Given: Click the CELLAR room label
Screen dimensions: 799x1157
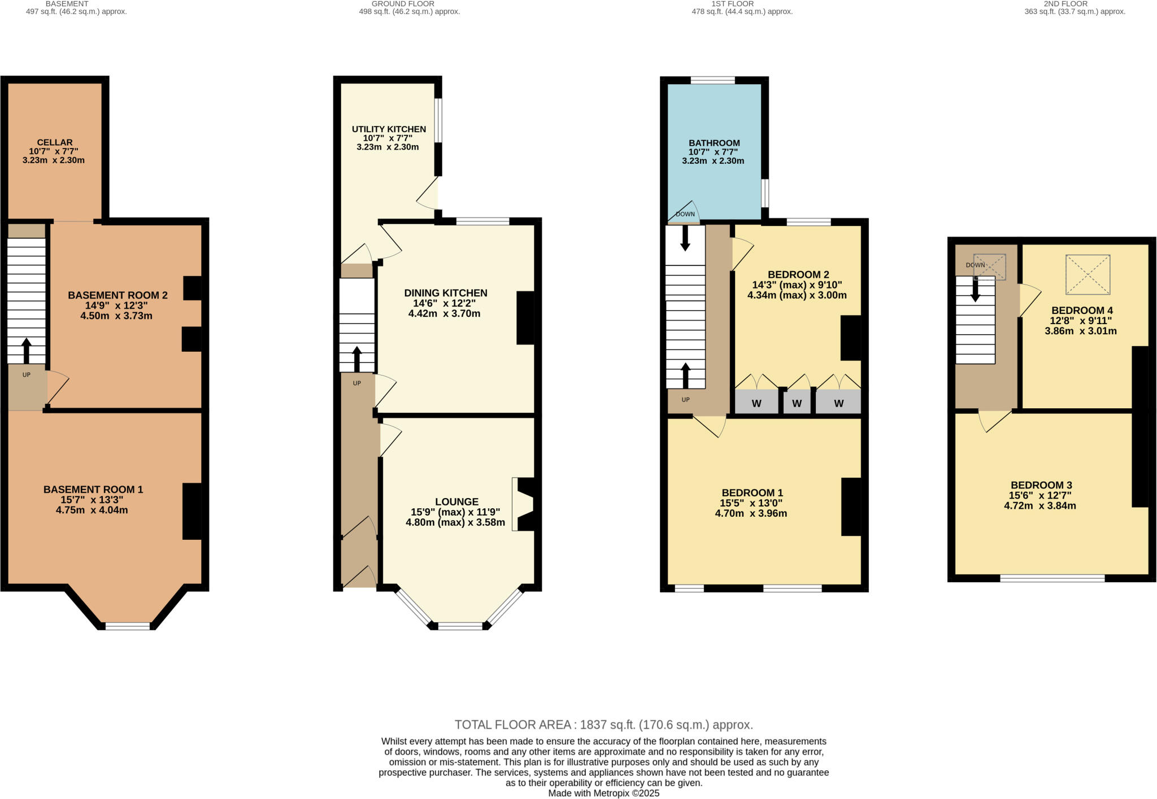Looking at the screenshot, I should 55,142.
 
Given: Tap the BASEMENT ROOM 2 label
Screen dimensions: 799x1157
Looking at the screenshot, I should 118,295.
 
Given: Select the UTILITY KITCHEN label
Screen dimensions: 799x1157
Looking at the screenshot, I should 389,129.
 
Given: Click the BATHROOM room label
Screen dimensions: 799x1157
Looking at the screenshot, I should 714,143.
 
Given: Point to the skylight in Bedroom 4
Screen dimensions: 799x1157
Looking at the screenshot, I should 1088,274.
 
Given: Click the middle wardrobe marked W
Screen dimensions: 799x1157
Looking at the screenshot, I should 797,403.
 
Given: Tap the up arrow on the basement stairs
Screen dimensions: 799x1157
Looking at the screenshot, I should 26,351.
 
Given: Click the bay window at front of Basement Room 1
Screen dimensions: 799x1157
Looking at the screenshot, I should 128,626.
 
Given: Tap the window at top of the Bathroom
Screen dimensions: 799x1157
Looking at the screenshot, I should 712,80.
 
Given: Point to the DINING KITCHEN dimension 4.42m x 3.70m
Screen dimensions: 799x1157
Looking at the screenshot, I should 444,313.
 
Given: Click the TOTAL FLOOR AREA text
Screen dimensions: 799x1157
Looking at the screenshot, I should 604,724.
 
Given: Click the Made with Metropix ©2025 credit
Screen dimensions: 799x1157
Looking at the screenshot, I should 604,793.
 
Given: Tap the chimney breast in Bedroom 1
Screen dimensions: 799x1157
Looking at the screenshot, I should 851,507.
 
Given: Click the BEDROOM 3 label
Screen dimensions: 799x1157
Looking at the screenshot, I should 1041,485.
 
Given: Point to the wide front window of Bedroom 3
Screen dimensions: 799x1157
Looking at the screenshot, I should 1052,578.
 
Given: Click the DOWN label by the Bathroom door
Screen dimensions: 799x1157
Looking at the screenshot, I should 685,214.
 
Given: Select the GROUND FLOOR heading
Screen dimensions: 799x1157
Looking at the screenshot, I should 403,3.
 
